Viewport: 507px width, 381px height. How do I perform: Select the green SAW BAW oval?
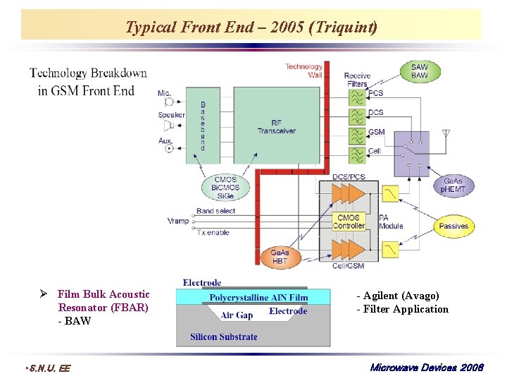pos(419,71)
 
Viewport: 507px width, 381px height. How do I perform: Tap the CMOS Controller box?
pos(349,222)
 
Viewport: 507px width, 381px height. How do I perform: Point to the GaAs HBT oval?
pos(280,257)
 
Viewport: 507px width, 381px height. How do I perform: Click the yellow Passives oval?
pos(453,226)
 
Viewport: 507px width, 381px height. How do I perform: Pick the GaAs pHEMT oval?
pos(453,186)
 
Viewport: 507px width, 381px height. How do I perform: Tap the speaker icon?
pos(169,125)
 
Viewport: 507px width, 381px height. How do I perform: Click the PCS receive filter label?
pos(376,93)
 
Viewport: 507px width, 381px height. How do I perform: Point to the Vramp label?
pos(178,221)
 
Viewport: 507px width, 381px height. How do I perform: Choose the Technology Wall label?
pos(303,71)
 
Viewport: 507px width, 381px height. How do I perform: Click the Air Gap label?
pos(237,315)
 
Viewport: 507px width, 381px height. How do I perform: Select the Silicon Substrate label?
pos(224,337)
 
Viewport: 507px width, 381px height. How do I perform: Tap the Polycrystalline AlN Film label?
pos(258,298)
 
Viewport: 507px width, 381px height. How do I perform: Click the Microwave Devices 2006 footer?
pos(427,368)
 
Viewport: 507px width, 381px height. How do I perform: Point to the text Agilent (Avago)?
pos(398,296)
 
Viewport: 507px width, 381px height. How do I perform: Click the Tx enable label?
pos(213,232)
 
